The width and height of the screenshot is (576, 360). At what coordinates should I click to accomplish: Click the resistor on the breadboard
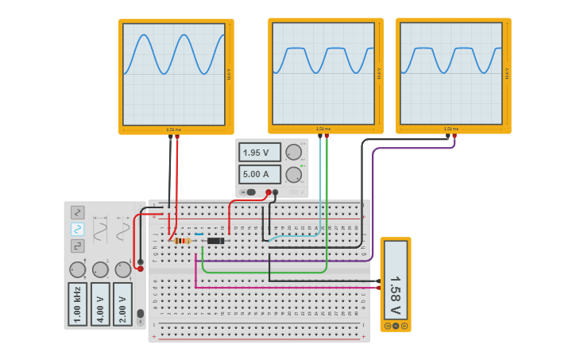(x=182, y=241)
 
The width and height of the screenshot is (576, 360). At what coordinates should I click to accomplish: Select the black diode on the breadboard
(x=215, y=241)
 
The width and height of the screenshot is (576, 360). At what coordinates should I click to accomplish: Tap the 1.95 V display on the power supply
(x=260, y=152)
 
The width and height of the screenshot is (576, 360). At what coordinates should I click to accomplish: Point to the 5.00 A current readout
(x=260, y=174)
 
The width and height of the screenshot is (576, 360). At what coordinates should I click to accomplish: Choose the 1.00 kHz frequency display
(x=77, y=304)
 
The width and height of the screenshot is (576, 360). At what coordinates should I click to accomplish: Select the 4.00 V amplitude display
(x=100, y=304)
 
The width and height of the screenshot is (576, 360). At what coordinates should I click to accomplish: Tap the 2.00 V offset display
(x=122, y=304)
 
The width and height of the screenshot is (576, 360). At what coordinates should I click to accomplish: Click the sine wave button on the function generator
(x=78, y=229)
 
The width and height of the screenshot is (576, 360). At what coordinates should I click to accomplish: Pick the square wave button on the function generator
(x=78, y=246)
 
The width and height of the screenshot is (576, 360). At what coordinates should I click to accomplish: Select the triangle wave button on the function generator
(x=78, y=212)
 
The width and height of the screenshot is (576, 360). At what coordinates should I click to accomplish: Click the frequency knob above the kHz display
(x=77, y=269)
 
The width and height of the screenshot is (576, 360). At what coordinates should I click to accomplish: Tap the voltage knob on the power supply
(x=294, y=152)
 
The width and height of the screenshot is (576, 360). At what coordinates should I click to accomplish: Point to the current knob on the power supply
(x=294, y=174)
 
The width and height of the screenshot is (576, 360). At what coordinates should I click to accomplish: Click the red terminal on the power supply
(x=269, y=192)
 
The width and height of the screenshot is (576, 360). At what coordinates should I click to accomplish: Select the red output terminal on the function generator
(x=141, y=269)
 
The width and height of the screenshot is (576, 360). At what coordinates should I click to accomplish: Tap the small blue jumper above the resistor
(x=198, y=234)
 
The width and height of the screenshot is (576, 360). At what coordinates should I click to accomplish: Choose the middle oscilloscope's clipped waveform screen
(x=323, y=73)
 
